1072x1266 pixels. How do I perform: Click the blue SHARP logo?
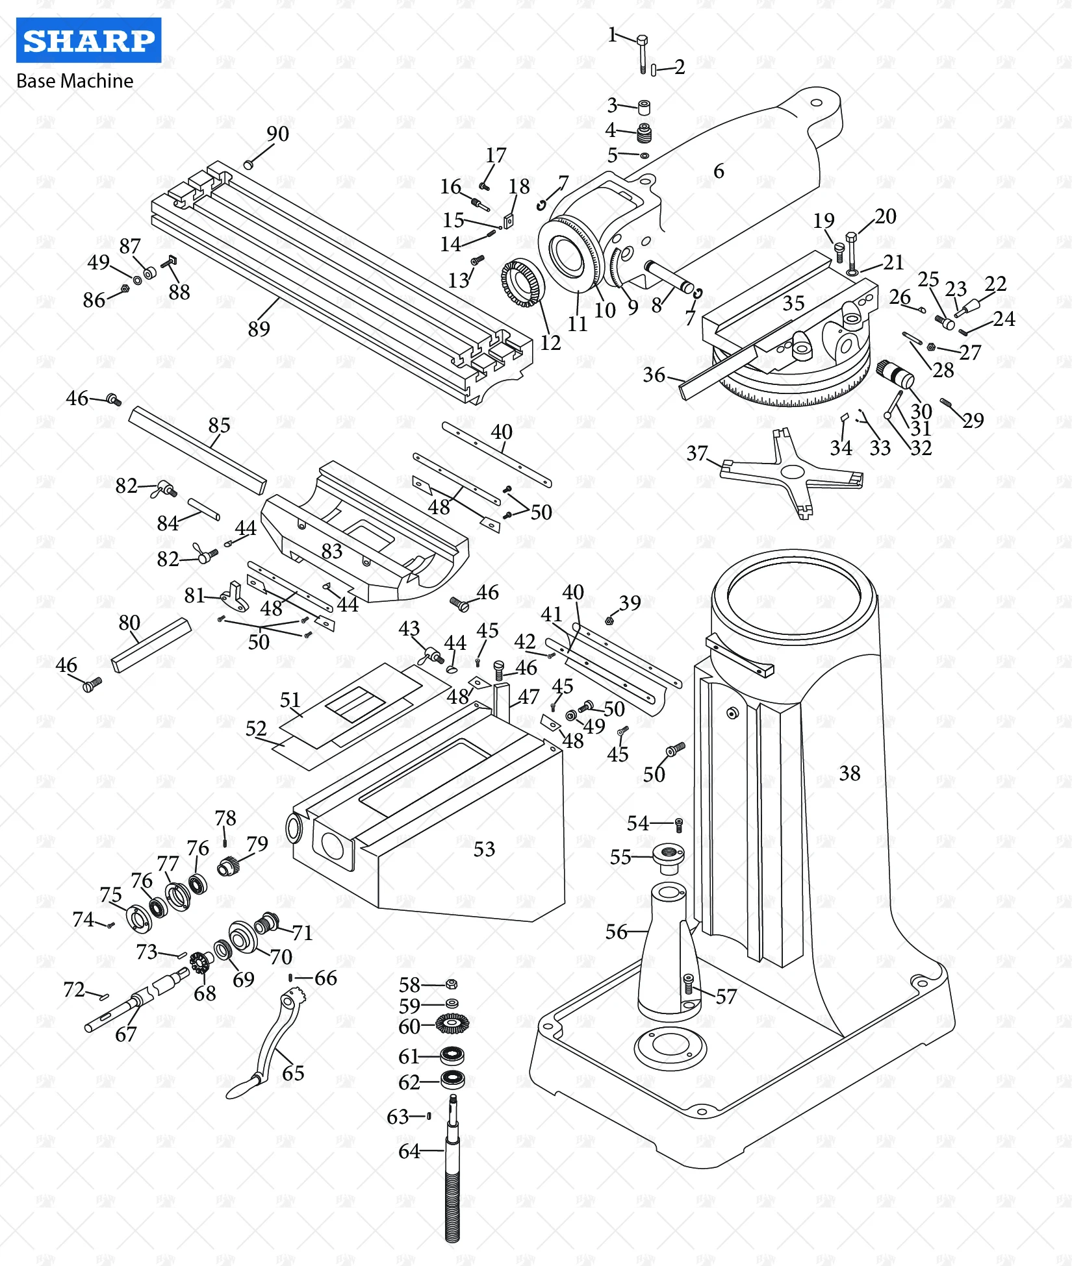88,40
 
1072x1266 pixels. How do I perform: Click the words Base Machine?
75,81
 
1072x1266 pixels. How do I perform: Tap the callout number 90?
277,134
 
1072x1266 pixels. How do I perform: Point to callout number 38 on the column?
849,773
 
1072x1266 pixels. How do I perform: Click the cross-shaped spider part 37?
793,473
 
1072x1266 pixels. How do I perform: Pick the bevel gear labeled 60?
452,1024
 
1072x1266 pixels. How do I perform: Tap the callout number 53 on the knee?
484,849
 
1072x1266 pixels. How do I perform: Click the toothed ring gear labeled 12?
523,283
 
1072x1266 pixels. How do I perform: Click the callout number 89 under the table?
259,329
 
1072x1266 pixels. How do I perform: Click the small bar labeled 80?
151,644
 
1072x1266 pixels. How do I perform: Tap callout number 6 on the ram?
719,171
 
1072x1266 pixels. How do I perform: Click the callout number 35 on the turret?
793,303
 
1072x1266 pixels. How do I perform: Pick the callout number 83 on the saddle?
331,551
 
